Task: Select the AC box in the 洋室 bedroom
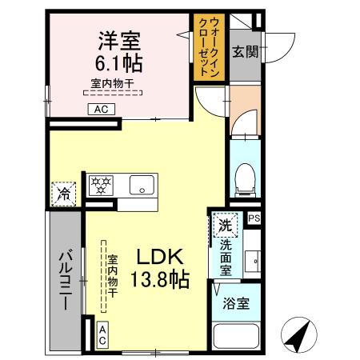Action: [x=102, y=110]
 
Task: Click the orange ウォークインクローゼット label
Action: [x=209, y=48]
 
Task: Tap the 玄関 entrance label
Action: [x=245, y=53]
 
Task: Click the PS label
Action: [x=254, y=218]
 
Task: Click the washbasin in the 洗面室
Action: [x=253, y=261]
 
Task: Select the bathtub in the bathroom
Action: [x=237, y=338]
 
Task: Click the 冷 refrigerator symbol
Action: [x=62, y=194]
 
